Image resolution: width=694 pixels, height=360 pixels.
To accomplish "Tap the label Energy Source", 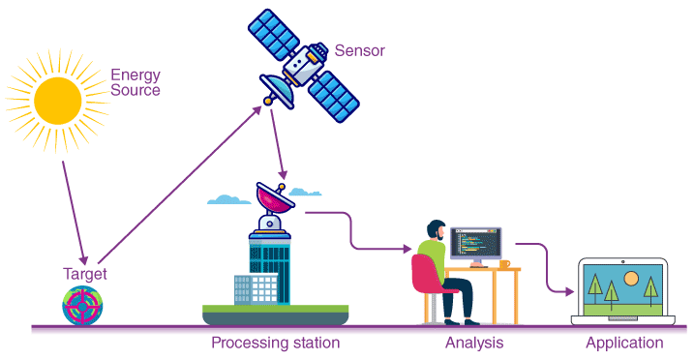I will click(135, 82).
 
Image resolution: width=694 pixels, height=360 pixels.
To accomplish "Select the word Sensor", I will click(360, 49).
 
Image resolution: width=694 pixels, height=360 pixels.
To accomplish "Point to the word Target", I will click(84, 275).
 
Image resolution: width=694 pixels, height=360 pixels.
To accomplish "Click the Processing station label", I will click(275, 343).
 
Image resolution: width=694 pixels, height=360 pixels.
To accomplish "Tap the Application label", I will click(624, 343).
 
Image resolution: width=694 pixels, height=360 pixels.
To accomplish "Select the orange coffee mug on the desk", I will click(504, 263).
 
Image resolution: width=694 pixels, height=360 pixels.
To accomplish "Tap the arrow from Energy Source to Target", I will click(75, 213).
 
